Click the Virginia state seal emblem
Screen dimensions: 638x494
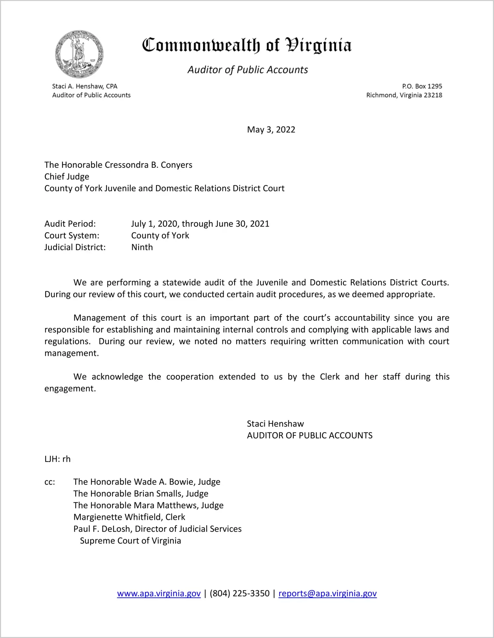[79, 54]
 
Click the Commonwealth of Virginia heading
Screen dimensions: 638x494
[247, 45]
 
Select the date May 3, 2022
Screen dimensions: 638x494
[271, 130]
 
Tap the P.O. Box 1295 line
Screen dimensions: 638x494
[422, 86]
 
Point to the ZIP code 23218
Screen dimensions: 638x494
[433, 95]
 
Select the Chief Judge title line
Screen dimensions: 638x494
[67, 176]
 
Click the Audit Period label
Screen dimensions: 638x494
[70, 224]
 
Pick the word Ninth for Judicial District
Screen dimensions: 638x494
[142, 247]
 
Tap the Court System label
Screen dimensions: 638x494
[72, 236]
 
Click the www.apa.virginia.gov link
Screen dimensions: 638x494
[159, 593]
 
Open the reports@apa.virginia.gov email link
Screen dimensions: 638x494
[327, 593]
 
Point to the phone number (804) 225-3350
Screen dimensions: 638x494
[239, 593]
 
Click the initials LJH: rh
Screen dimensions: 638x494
[58, 459]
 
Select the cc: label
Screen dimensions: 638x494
[50, 482]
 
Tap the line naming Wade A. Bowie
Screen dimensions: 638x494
[147, 482]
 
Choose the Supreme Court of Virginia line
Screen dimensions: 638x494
[130, 541]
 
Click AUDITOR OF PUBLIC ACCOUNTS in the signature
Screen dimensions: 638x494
[309, 435]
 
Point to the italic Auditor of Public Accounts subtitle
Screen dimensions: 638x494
[248, 70]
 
